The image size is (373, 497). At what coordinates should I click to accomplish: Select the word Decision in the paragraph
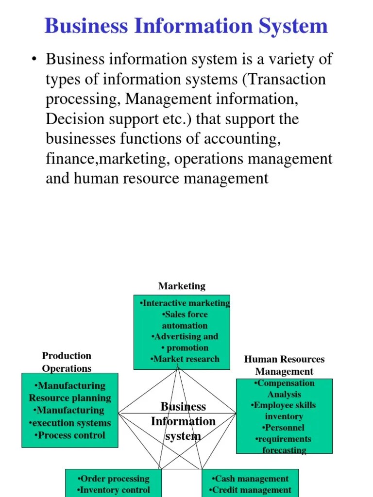coord(73,119)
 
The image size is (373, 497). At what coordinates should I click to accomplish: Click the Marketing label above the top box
coord(182,286)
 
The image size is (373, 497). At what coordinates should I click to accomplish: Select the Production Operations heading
coord(67,362)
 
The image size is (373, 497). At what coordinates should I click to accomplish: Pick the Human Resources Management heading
coord(284,365)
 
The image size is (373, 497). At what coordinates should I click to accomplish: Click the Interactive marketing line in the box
coord(185,303)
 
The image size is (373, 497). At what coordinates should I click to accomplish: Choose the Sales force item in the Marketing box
coord(185,315)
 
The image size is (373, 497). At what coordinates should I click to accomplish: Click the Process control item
coord(70,435)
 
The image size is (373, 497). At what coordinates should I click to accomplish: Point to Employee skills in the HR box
coord(284,405)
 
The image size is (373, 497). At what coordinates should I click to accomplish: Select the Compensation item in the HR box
coord(284,383)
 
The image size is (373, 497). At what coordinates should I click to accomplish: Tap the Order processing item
coord(113,479)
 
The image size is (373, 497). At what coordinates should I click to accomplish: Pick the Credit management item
coord(251,490)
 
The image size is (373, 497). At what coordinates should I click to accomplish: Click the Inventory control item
coord(113,490)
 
